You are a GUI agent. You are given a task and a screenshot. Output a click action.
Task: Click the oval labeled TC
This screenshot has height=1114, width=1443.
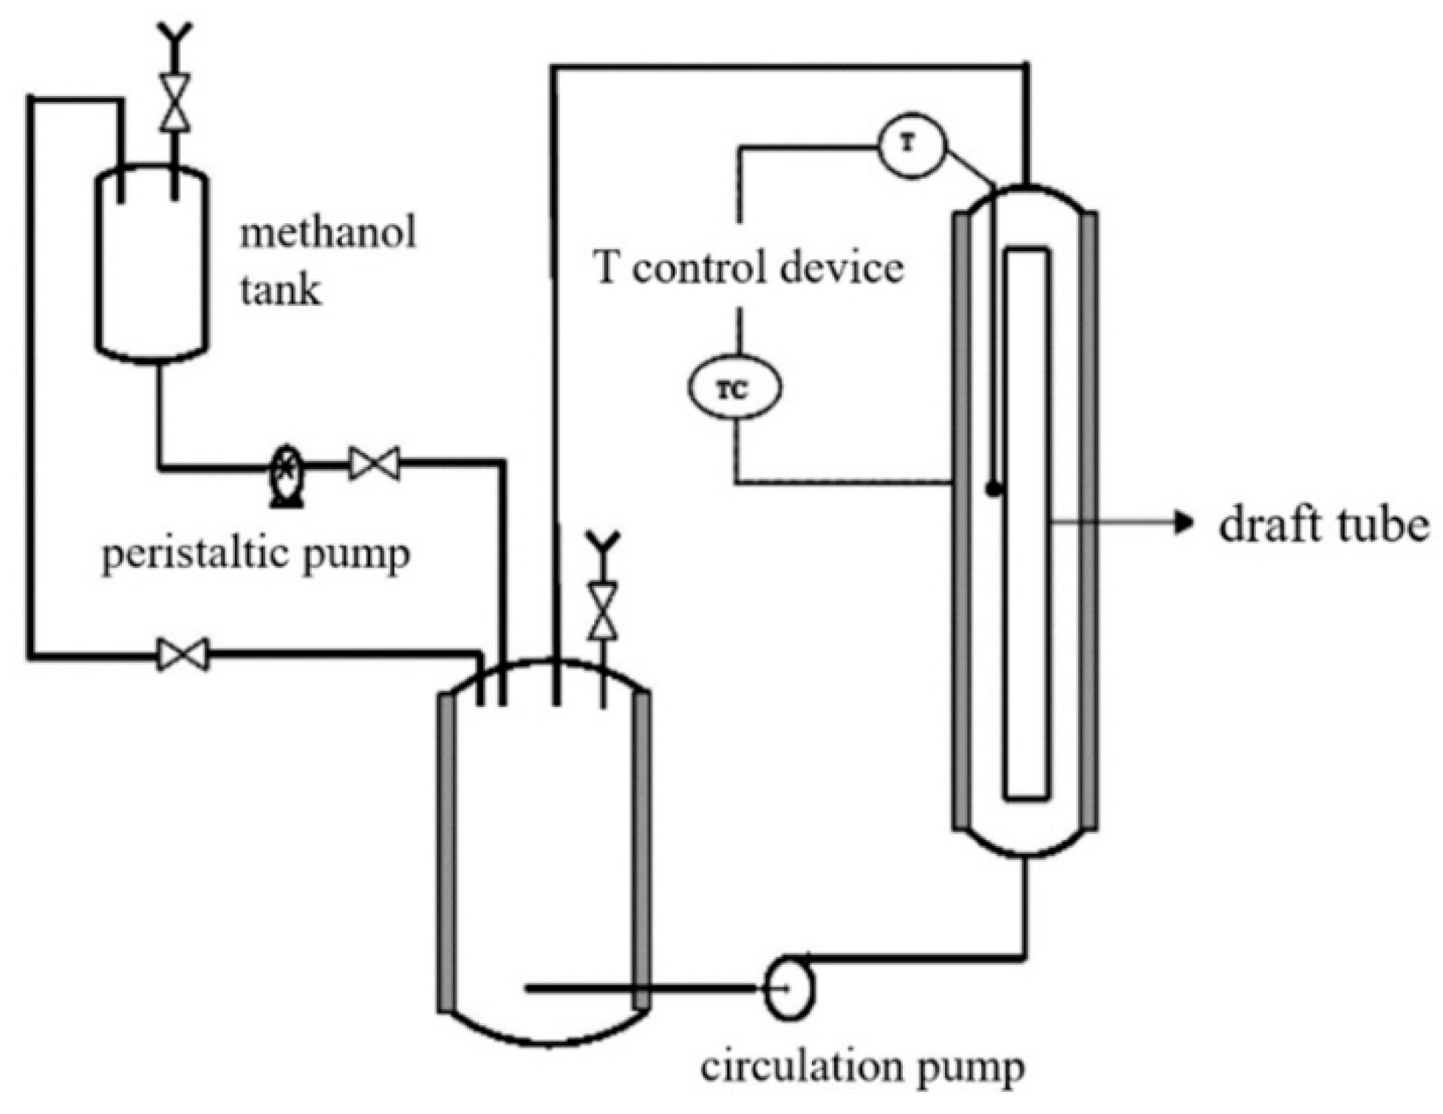point(734,389)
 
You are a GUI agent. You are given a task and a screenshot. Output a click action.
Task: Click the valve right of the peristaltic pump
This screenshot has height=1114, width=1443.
point(375,464)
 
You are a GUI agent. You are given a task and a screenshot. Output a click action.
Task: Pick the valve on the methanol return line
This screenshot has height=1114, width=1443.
point(183,655)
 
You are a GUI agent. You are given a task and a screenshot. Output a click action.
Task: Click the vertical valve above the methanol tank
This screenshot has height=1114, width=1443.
point(175,103)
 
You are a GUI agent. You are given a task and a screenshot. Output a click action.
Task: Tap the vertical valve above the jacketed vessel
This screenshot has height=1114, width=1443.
point(604,611)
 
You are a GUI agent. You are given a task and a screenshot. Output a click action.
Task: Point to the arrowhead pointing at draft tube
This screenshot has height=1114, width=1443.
point(1184,523)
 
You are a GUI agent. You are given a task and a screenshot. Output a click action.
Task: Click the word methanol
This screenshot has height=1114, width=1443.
point(327,233)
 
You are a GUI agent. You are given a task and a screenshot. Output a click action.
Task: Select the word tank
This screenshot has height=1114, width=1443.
point(280,290)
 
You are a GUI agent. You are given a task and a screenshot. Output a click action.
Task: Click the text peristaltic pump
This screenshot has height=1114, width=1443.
point(256,555)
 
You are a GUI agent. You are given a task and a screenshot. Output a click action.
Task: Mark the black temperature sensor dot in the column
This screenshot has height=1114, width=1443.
point(995,488)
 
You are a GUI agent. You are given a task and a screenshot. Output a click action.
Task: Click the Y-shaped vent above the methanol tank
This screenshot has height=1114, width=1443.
point(175,33)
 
